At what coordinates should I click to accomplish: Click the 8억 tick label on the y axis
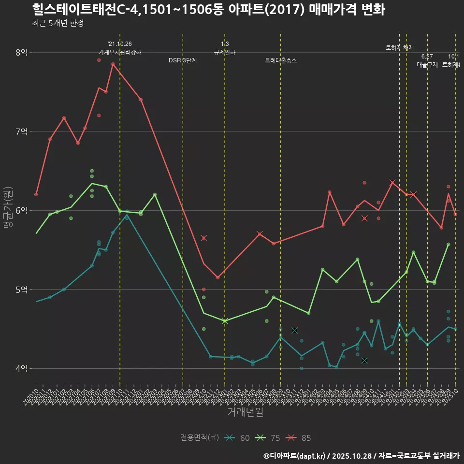click(21, 52)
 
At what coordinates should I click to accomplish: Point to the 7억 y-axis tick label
click(21, 131)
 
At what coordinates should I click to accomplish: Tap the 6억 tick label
click(21, 210)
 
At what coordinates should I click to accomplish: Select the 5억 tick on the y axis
click(21, 290)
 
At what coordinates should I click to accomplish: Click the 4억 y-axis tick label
click(21, 368)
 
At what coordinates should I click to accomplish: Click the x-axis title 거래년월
click(245, 412)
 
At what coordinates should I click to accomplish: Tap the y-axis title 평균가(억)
click(8, 210)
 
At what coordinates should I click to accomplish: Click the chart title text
click(208, 10)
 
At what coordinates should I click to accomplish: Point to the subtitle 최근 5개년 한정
click(58, 23)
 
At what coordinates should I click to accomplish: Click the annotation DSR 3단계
click(183, 61)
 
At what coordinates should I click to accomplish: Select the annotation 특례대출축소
click(280, 61)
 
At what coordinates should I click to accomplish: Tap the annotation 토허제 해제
click(400, 48)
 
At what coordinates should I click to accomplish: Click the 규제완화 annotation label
click(224, 52)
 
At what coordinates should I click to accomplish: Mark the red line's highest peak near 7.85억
click(113, 64)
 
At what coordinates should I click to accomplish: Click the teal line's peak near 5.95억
click(127, 215)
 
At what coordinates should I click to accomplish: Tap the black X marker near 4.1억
click(364, 361)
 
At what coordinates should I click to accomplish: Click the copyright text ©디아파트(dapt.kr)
click(295, 456)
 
